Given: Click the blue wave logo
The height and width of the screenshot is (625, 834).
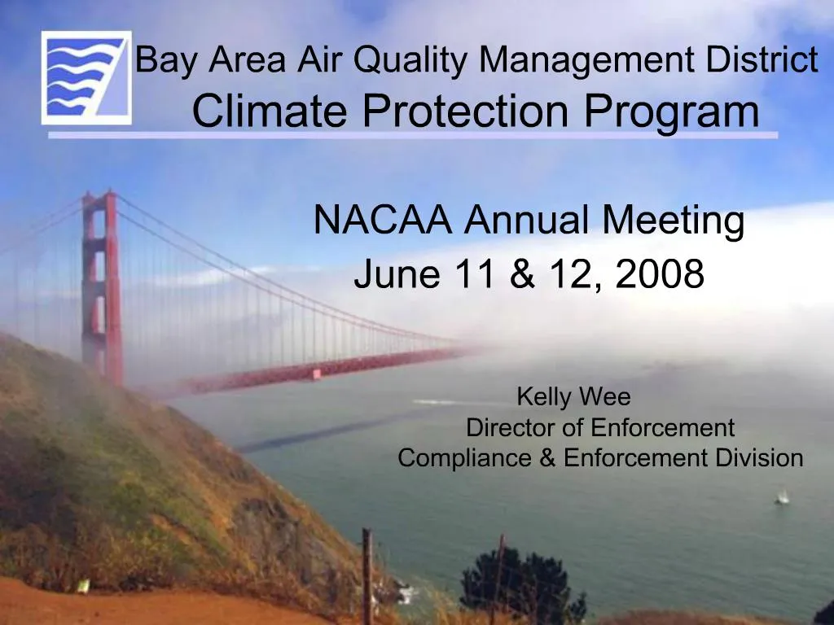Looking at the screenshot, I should [86, 78].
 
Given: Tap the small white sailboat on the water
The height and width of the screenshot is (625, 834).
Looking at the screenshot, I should [782, 496].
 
